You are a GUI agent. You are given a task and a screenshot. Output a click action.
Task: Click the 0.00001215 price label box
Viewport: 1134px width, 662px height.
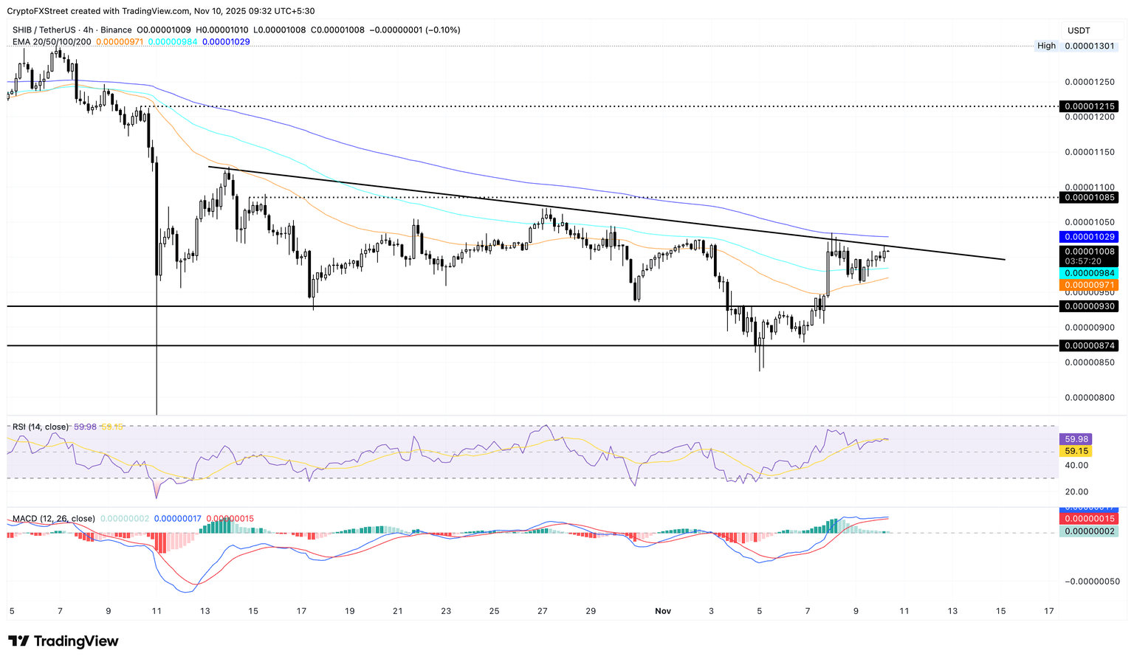click(1088, 106)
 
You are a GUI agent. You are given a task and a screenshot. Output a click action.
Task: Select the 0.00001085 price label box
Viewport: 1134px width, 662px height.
click(1088, 198)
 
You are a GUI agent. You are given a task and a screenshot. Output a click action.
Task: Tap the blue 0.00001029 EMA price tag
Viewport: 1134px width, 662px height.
click(1088, 237)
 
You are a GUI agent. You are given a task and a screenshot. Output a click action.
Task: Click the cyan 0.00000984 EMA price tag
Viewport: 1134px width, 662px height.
click(1088, 273)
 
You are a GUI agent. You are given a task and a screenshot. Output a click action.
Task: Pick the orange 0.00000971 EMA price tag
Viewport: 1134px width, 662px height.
click(1088, 284)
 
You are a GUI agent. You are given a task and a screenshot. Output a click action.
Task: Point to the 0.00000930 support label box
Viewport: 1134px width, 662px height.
click(1088, 306)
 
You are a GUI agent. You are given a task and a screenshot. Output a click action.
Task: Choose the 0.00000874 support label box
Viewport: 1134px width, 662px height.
click(1088, 345)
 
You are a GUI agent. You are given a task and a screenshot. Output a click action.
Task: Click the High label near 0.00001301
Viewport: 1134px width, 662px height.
click(1046, 46)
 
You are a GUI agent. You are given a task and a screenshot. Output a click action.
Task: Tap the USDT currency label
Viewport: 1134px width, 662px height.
click(1079, 30)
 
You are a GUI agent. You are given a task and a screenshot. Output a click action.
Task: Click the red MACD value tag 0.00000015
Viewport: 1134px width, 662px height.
click(1088, 520)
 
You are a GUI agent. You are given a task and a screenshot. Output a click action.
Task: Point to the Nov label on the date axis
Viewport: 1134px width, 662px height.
click(663, 611)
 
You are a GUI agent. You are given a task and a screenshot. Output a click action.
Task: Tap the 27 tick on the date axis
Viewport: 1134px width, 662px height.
click(543, 611)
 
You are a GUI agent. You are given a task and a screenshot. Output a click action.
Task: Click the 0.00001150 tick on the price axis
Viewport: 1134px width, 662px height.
click(1088, 152)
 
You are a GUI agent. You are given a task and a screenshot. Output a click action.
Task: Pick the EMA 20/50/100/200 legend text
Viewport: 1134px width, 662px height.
click(52, 41)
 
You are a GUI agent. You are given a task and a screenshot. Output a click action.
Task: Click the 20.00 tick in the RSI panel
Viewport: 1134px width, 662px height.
click(1076, 492)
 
